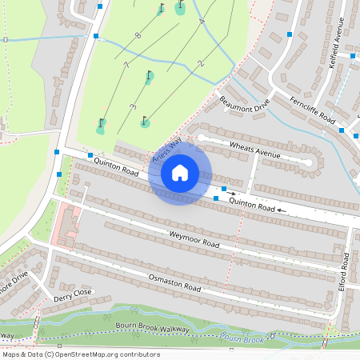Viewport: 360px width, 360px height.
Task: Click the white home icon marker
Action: tap(180, 172)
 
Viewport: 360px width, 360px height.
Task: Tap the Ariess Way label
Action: tap(168, 150)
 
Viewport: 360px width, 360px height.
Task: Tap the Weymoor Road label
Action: tap(194, 238)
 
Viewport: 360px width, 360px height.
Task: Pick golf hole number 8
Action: tap(138, 36)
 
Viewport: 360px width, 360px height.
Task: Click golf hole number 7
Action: tap(126, 64)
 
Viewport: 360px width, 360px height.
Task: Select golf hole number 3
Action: tap(132, 106)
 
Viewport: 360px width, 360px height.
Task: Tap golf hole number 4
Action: tap(201, 21)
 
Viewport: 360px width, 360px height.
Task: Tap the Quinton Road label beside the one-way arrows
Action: tap(252, 206)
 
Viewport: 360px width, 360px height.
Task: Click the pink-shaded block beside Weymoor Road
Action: tap(67, 226)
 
